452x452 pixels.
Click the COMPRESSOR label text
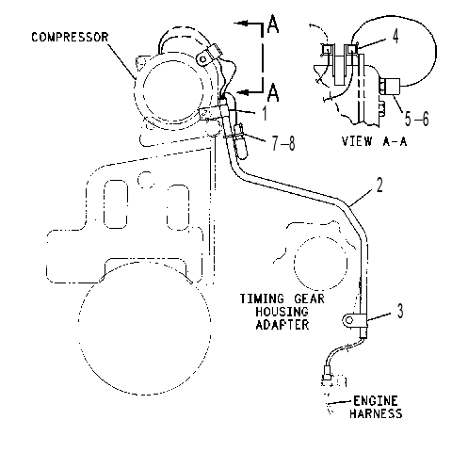pos(70,38)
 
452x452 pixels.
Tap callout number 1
pos(265,113)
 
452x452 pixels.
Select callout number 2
pos(379,185)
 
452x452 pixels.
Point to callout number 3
pos(400,311)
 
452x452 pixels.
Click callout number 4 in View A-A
pos(395,36)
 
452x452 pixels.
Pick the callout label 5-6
pos(416,119)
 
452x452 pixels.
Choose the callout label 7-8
pos(283,143)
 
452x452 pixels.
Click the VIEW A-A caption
pos(374,141)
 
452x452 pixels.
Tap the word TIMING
pos(262,299)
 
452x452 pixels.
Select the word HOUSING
pos(282,312)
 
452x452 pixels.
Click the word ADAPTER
pos(282,324)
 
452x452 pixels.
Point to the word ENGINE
pos(376,401)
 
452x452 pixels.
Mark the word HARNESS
pos(376,413)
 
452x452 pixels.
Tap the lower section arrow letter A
pos(273,92)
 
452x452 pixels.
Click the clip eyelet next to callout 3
pos(349,320)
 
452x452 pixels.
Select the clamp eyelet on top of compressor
pos(202,59)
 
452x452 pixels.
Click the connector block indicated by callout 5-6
pos(392,87)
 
